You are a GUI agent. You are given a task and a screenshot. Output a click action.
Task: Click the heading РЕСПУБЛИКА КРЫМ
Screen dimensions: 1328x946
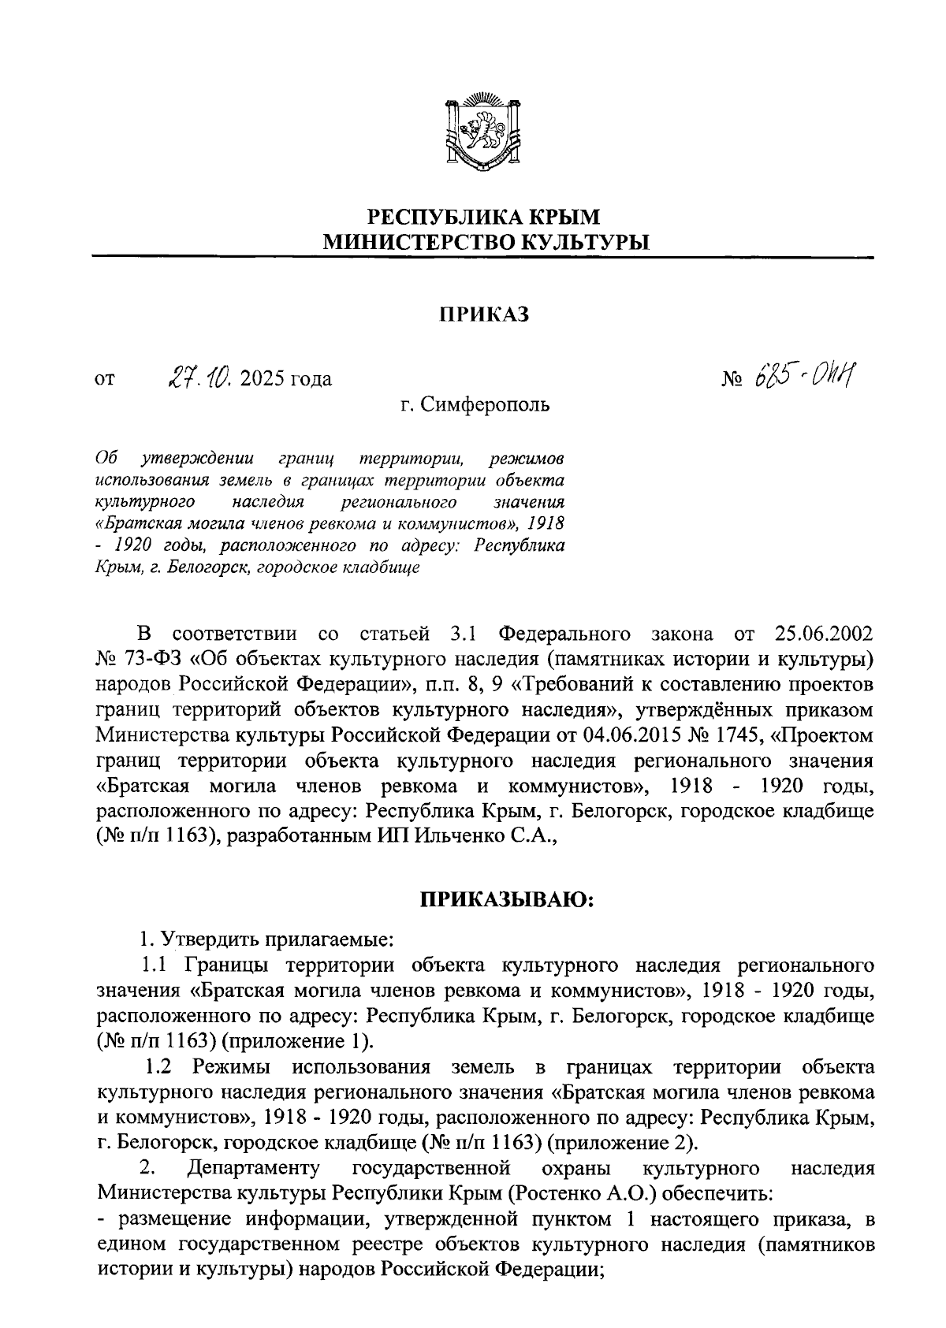(x=484, y=216)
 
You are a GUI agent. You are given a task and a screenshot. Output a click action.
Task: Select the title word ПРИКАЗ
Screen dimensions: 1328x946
(x=482, y=315)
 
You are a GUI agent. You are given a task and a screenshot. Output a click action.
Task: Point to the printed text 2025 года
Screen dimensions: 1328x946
(x=287, y=379)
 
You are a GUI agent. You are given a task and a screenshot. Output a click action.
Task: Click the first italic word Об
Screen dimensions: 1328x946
(x=105, y=457)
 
